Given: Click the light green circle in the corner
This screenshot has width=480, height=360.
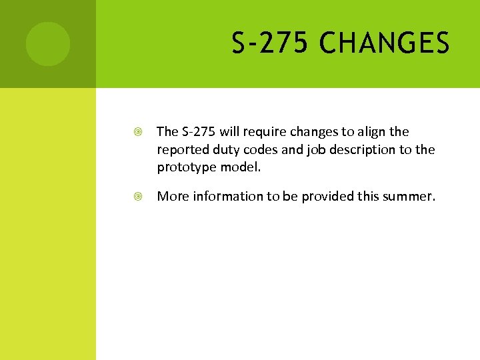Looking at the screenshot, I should [x=47, y=43].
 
